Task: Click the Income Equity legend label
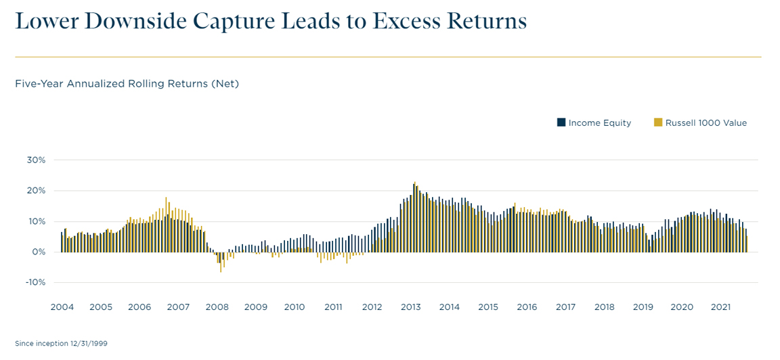coord(599,123)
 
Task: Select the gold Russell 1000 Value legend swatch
coord(657,122)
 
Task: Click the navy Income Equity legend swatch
coord(561,122)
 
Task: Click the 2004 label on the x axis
coord(62,307)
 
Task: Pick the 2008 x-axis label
coord(217,307)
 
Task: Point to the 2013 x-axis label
coord(410,307)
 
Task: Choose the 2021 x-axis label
coord(720,307)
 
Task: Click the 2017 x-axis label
coord(565,307)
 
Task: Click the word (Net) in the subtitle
coord(225,84)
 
